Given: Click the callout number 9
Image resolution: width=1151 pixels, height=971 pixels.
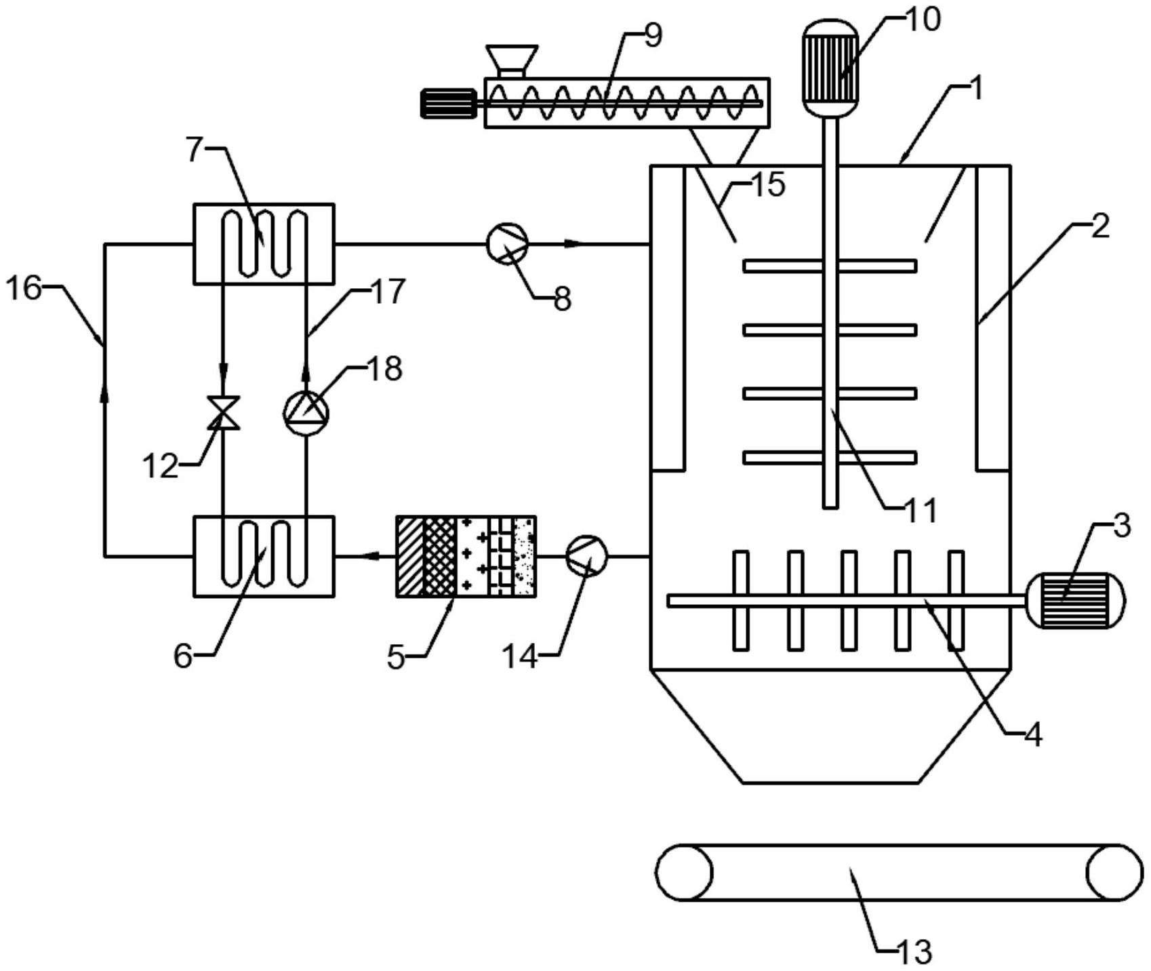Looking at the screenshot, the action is click(652, 36).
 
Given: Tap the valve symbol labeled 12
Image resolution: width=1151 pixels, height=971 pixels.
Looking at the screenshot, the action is click(223, 412).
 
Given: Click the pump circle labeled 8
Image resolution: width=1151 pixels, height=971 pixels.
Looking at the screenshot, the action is click(508, 244).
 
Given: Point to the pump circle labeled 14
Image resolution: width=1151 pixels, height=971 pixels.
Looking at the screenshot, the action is click(587, 556).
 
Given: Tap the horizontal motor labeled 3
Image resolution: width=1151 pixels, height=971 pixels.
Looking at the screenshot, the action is click(1075, 600).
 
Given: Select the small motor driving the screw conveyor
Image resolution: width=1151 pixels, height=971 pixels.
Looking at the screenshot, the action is click(447, 104).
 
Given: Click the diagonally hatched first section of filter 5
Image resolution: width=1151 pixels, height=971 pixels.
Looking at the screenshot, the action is click(410, 556).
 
